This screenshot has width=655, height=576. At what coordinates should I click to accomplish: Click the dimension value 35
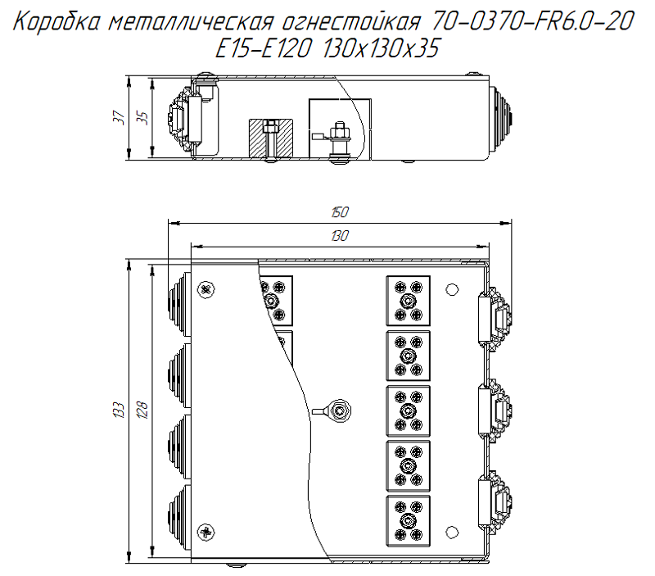142,118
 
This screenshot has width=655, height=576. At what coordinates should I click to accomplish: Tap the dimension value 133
119,407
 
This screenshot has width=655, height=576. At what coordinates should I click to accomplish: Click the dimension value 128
142,407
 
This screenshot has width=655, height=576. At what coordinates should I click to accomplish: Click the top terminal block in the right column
408,300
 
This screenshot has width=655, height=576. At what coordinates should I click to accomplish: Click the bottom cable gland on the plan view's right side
496,497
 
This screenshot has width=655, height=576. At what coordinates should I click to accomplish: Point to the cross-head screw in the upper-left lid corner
205,288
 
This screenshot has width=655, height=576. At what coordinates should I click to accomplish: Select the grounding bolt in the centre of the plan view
339,409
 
